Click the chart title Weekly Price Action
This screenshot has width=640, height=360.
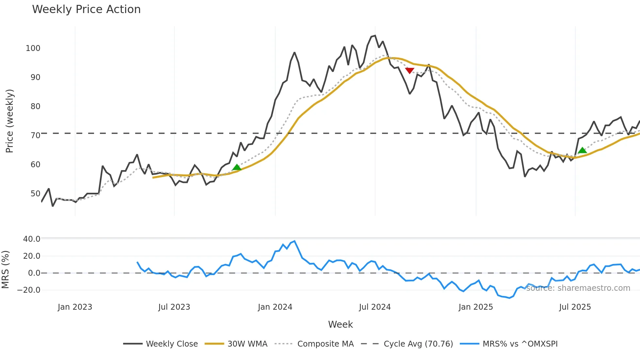(86, 9)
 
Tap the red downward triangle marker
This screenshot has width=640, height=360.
(409, 71)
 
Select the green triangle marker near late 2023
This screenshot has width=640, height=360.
(237, 168)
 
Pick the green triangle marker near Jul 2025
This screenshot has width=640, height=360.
(582, 151)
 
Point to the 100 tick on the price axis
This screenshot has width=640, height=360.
(33, 48)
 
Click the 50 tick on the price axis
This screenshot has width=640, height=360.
(35, 194)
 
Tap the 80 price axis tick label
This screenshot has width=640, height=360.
(35, 106)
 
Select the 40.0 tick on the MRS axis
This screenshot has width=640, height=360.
(32, 239)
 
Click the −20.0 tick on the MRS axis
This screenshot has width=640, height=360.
(29, 290)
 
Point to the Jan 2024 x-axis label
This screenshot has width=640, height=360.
(275, 307)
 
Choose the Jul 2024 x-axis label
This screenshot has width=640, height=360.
(375, 307)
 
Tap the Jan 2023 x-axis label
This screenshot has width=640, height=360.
(75, 307)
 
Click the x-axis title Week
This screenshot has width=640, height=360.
(340, 324)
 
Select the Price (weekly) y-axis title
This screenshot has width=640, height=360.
(10, 121)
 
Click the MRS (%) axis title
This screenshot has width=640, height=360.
(5, 270)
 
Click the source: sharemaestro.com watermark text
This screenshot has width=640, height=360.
(578, 288)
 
